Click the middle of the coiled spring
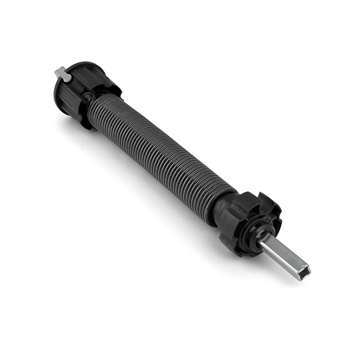pos(161,147)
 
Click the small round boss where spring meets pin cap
pos(88,98)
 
